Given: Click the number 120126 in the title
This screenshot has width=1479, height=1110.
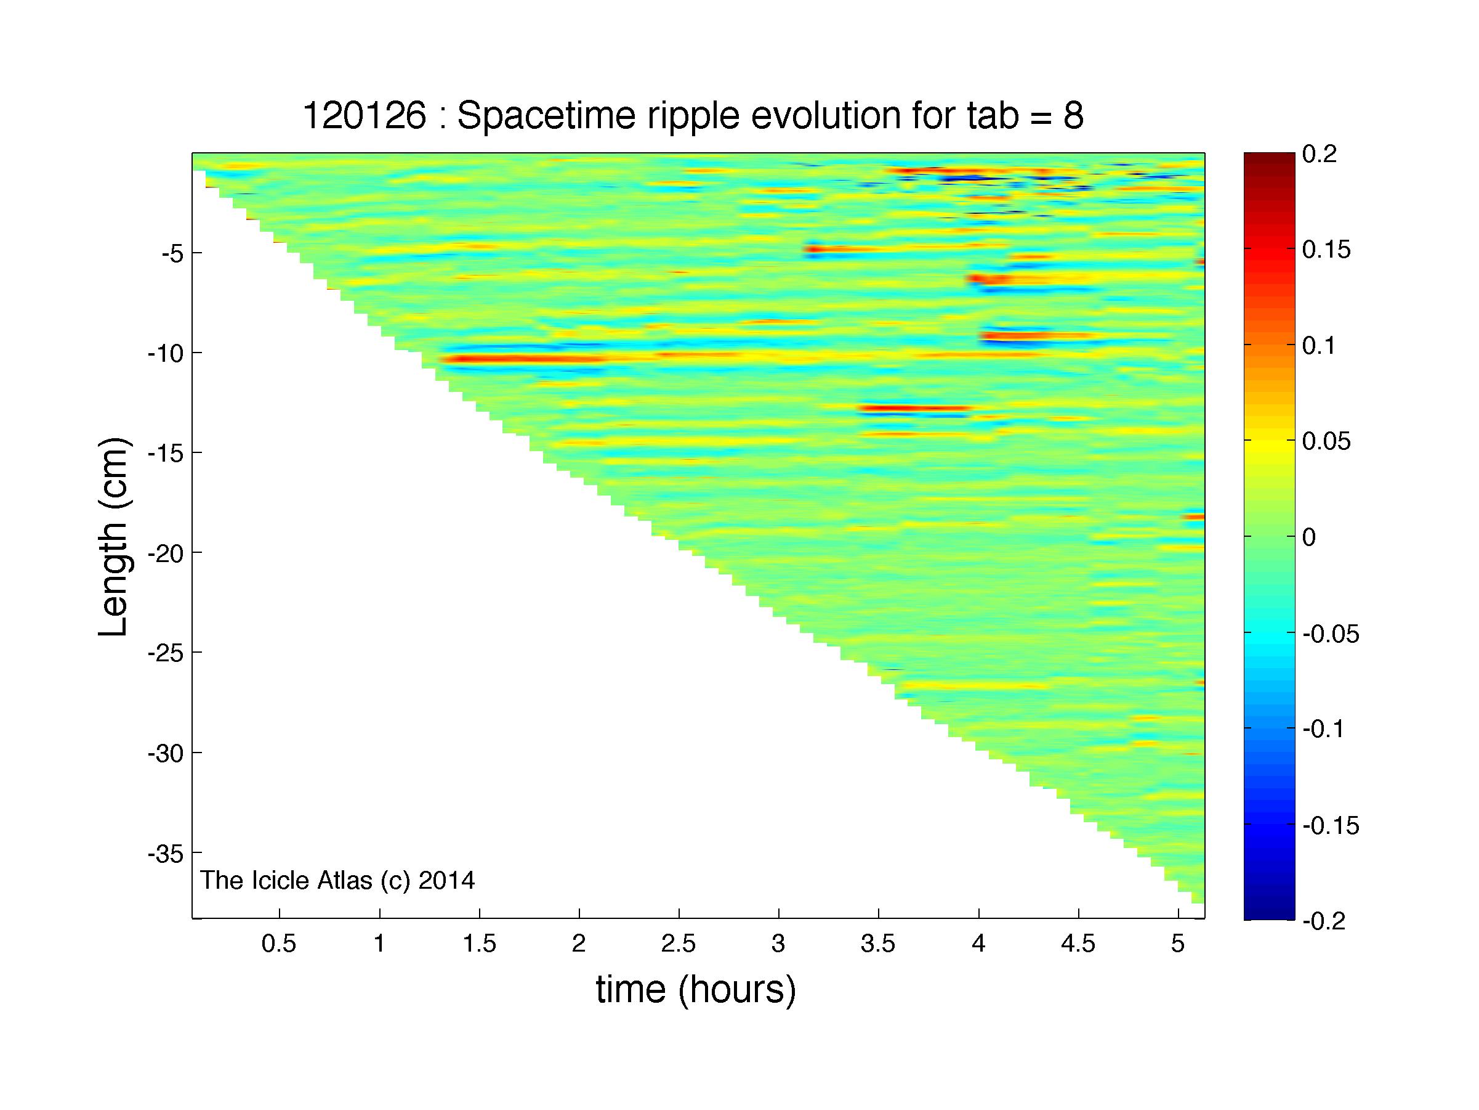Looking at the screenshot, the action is coord(365,116).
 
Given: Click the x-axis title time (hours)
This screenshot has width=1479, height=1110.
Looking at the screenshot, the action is coord(696,990).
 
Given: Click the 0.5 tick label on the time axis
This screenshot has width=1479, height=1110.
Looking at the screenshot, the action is coord(279,944).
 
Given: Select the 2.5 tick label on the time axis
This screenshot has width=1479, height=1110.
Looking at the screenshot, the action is coord(679,944).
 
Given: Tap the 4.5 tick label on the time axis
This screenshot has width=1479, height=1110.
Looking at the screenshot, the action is coord(1079,944).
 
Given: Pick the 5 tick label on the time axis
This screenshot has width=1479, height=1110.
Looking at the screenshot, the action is coord(1178,944).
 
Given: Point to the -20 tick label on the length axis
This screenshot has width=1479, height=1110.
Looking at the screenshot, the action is coord(164,553).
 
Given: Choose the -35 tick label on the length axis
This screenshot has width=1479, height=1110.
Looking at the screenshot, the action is coord(164,853).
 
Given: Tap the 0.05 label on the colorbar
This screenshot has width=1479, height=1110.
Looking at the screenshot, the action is coord(1326,441).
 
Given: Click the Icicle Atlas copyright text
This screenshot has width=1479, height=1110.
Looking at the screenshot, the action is coord(337,881).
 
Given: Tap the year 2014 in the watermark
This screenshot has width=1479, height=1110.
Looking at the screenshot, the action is coord(446,880).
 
